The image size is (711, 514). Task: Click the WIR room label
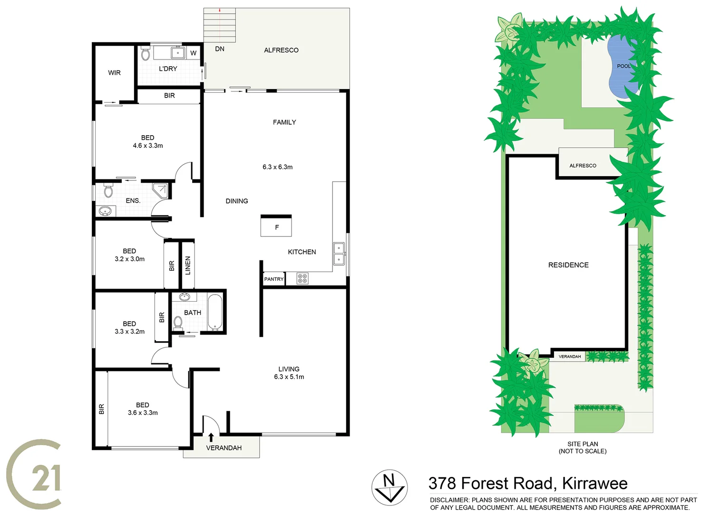pyautogui.click(x=114, y=73)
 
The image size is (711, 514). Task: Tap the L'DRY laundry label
pyautogui.click(x=168, y=69)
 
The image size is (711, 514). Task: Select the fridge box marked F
pyautogui.click(x=276, y=227)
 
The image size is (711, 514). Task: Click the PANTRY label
pyautogui.click(x=274, y=279)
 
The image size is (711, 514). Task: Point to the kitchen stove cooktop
pyautogui.click(x=302, y=278)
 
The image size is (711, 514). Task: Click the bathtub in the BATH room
pyautogui.click(x=215, y=312)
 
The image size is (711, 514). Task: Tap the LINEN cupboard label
pyautogui.click(x=188, y=265)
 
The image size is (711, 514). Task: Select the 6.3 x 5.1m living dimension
pyautogui.click(x=289, y=377)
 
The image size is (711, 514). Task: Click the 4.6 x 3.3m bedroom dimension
pyautogui.click(x=147, y=146)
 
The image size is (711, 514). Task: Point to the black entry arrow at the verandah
pyautogui.click(x=211, y=437)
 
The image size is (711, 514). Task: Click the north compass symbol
pyautogui.click(x=390, y=487)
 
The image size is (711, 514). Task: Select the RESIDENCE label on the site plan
pyautogui.click(x=568, y=265)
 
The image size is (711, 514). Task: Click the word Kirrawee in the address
pyautogui.click(x=594, y=484)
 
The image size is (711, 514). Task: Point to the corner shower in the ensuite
pyautogui.click(x=161, y=190)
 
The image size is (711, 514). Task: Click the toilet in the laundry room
pyautogui.click(x=146, y=54)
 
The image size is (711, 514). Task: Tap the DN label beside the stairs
pyautogui.click(x=220, y=49)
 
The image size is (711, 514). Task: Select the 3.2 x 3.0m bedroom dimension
pyautogui.click(x=129, y=259)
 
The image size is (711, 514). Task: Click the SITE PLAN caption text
pyautogui.click(x=583, y=444)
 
